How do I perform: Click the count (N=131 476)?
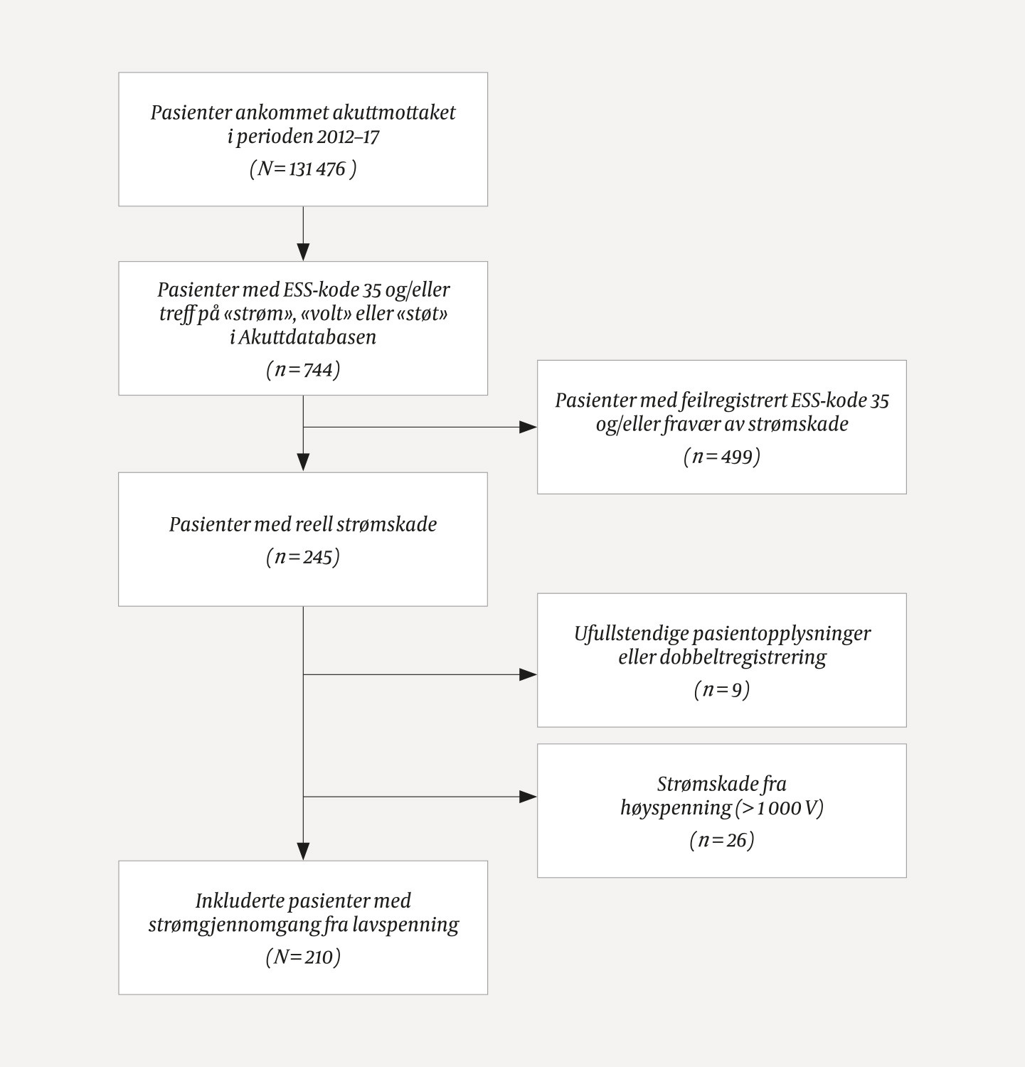[303, 169]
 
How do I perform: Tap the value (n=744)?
[303, 370]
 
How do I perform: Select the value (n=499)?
[721, 456]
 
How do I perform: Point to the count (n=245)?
[303, 557]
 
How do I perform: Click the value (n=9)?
[721, 689]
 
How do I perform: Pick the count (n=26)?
[721, 840]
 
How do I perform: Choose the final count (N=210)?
[303, 957]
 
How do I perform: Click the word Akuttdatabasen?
[307, 336]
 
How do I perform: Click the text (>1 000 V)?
[780, 807]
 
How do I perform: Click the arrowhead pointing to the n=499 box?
[529, 428]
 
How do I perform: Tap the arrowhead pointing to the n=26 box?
[529, 797]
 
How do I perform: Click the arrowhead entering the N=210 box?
[303, 851]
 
